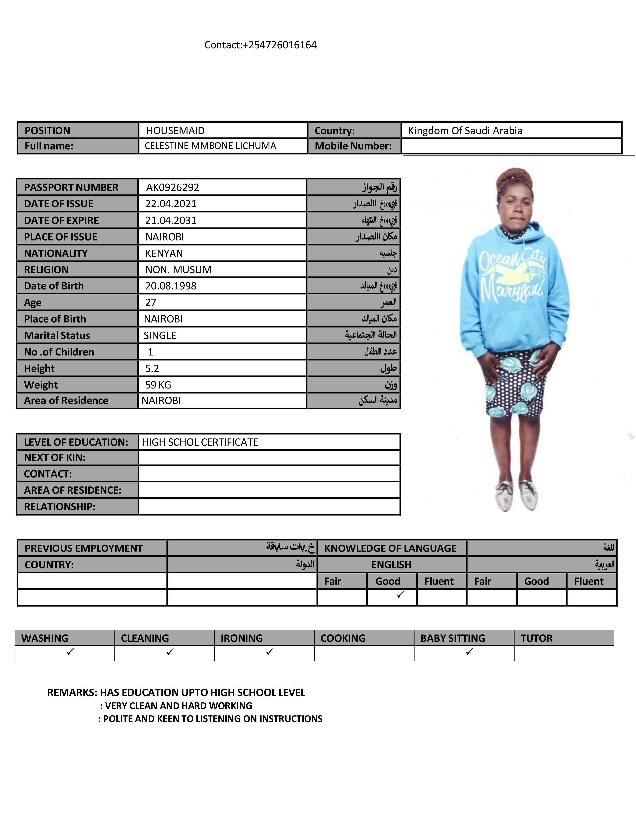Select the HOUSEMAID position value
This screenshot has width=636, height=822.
point(175,131)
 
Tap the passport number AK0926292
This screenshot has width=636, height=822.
point(173,187)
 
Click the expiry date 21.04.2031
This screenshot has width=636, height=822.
point(171,220)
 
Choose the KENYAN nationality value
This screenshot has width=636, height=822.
point(164,253)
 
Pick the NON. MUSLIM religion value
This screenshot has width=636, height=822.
point(178,270)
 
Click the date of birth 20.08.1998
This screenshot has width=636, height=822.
point(171,286)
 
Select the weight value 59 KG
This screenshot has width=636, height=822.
point(158,385)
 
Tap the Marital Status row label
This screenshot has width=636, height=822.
point(57,335)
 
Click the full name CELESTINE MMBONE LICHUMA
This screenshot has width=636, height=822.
point(210,146)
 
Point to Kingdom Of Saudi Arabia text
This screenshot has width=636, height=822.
point(465,131)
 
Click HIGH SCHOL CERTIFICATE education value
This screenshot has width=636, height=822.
point(200,442)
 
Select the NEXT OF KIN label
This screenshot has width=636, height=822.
point(55,457)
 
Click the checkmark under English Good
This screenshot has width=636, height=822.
point(400,595)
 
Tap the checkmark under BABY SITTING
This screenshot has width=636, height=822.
point(469,652)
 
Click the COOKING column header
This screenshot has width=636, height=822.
point(343,638)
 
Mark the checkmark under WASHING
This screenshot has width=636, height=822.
point(70,652)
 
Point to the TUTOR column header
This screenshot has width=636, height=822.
point(536,638)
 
